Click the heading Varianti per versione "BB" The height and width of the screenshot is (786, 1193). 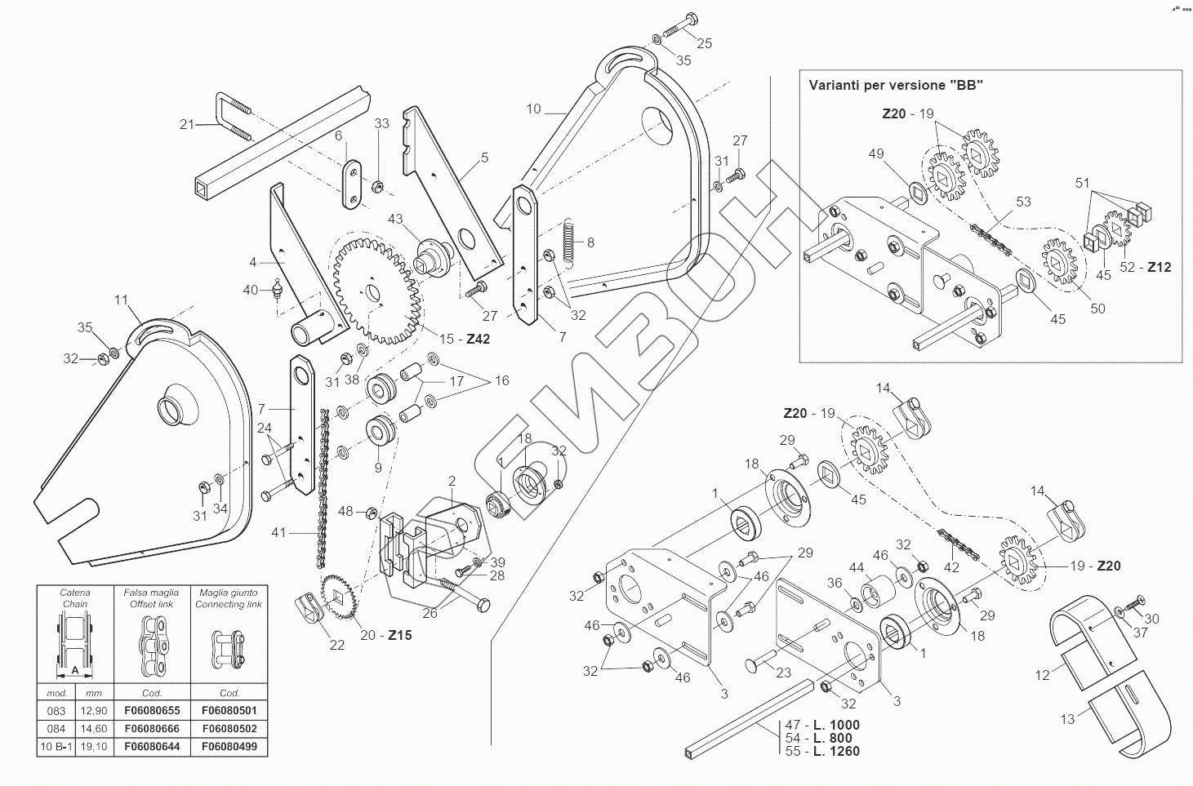tap(895, 85)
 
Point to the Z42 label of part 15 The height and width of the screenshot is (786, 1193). tap(478, 339)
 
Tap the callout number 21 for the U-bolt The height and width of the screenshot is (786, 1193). tap(187, 124)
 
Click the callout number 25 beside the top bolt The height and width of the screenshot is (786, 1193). tap(704, 43)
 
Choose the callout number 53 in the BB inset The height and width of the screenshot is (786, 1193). tap(1022, 201)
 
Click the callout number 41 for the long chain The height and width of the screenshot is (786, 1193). tap(279, 532)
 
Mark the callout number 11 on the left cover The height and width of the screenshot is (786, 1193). tap(121, 300)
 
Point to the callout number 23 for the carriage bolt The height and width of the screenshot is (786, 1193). tap(783, 673)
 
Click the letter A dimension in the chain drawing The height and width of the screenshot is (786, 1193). tap(76, 668)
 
